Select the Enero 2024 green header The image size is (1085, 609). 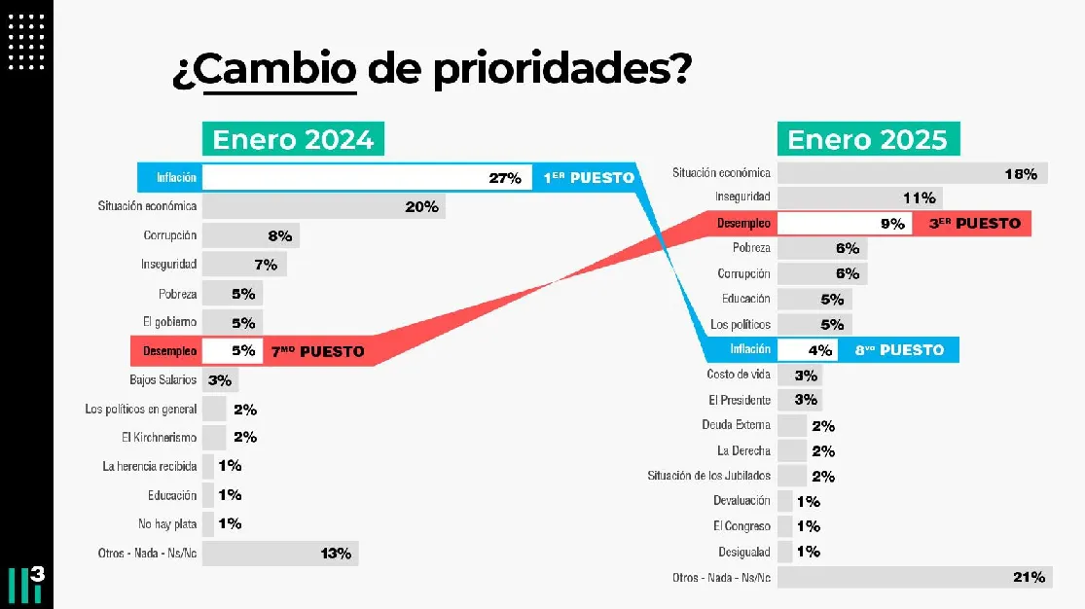[x=293, y=139]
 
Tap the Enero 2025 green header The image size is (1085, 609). [x=867, y=139]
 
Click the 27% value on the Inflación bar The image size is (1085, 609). [x=505, y=178]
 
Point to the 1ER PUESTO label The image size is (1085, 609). [x=588, y=178]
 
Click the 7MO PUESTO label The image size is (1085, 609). [x=317, y=350]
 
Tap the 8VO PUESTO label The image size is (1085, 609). [x=899, y=349]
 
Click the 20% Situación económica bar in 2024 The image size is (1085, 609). [x=323, y=206]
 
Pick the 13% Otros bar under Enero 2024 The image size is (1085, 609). [x=280, y=554]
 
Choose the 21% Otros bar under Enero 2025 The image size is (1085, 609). [x=913, y=577]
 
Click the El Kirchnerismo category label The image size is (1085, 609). [x=159, y=437]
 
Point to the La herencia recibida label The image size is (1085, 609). [x=149, y=466]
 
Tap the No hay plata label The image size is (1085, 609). [x=167, y=523]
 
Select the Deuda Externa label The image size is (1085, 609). [x=736, y=425]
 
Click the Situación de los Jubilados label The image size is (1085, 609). [x=708, y=476]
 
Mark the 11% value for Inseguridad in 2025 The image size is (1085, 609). [x=919, y=198]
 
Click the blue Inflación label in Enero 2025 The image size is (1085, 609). [x=750, y=349]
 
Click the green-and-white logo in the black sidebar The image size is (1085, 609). [x=26, y=586]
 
